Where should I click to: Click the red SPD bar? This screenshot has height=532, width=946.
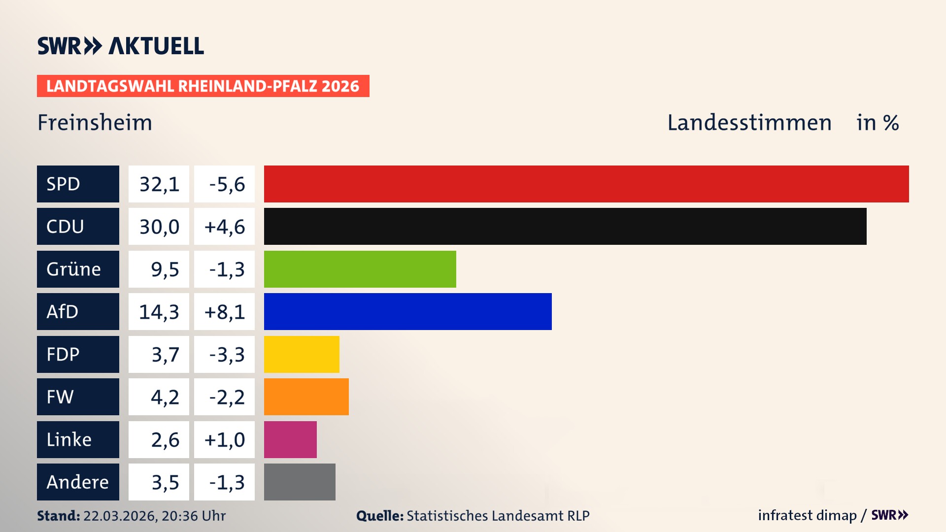pyautogui.click(x=586, y=184)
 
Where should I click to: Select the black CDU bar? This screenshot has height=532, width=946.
pyautogui.click(x=565, y=227)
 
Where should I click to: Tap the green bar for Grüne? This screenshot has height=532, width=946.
pyautogui.click(x=360, y=269)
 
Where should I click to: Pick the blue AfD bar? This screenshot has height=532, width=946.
pyautogui.click(x=407, y=311)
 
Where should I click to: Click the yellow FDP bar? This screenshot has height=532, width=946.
pyautogui.click(x=302, y=354)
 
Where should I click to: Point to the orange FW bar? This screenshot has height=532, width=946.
pyautogui.click(x=306, y=397)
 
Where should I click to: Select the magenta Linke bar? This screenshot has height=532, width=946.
pyautogui.click(x=290, y=439)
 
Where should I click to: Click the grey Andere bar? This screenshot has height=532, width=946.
pyautogui.click(x=300, y=482)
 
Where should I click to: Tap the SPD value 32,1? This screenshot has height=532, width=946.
pyautogui.click(x=159, y=184)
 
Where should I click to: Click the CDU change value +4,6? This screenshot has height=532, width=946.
pyautogui.click(x=225, y=227)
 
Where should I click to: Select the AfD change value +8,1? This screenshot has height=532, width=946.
pyautogui.click(x=225, y=312)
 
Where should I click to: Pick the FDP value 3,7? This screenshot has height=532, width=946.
pyautogui.click(x=165, y=355)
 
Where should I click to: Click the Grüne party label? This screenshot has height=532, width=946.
pyautogui.click(x=74, y=269)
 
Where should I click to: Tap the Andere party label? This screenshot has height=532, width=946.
pyautogui.click(x=77, y=482)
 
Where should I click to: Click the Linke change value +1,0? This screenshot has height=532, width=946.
pyautogui.click(x=225, y=439)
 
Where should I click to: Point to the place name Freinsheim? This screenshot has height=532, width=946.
pyautogui.click(x=95, y=123)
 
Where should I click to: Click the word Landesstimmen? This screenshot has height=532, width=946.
pyautogui.click(x=749, y=123)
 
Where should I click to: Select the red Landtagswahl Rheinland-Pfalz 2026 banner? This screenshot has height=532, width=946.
pyautogui.click(x=203, y=86)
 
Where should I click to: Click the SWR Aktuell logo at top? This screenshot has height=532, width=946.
pyautogui.click(x=121, y=46)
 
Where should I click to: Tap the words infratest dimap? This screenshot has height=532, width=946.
pyautogui.click(x=807, y=515)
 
